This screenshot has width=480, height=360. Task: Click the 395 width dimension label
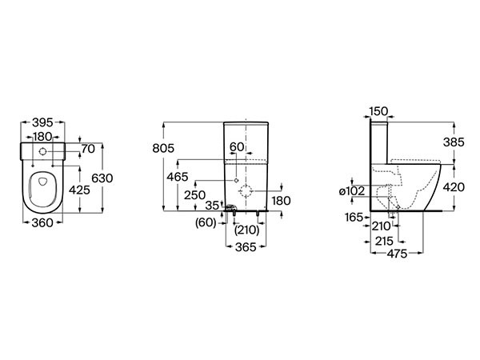42,122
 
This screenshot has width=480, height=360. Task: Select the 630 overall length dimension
102,178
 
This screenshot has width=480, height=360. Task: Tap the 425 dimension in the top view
79,190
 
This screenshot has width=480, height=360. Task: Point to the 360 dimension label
42,223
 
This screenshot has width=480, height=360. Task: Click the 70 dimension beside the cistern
88,149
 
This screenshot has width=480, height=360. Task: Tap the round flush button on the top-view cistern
42,151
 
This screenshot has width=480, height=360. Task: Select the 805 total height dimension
163,148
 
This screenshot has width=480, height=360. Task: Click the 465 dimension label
178,177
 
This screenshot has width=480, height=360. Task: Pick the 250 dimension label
194,195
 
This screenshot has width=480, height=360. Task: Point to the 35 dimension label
212,206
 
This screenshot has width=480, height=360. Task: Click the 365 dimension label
246,247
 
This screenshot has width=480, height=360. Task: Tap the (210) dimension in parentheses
246,230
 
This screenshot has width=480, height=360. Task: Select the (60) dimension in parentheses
206,222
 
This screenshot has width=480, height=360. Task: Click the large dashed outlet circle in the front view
246,191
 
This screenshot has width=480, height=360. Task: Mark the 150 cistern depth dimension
378,111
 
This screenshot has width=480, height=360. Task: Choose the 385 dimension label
454,142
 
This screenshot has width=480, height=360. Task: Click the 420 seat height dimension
454,187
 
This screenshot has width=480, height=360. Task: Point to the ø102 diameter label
352,191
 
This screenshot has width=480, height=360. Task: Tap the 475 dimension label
397,254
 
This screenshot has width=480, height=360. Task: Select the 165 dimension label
354,218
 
